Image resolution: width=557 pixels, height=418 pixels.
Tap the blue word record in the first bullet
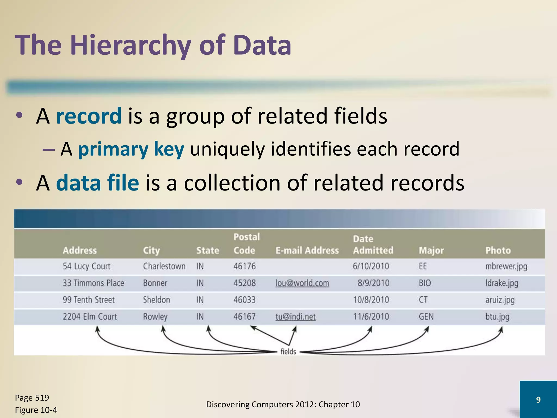[x=89, y=116]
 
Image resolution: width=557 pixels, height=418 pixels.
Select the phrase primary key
[x=131, y=149]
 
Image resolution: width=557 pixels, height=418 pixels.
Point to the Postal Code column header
[x=246, y=244]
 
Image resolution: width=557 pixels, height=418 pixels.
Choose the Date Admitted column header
[x=373, y=245]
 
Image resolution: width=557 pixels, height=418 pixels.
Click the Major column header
[x=431, y=250]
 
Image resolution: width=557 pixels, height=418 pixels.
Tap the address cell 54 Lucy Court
[x=86, y=266]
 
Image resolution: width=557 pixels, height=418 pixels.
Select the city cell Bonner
[x=155, y=283]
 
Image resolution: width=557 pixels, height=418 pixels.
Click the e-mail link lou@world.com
[x=302, y=283]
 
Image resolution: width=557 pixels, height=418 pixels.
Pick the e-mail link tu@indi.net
[x=295, y=316]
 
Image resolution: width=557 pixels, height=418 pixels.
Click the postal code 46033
[x=244, y=300]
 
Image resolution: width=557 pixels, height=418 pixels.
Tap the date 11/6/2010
[x=371, y=316]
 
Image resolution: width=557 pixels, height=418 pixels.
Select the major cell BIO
[x=425, y=283]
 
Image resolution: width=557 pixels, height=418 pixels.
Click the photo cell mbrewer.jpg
[x=506, y=266]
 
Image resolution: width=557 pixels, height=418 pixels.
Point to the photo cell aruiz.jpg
[x=500, y=300]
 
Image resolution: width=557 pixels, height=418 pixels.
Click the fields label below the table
[x=288, y=352]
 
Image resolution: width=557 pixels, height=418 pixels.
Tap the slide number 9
[x=538, y=399]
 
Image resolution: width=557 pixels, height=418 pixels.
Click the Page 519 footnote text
[x=32, y=398]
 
